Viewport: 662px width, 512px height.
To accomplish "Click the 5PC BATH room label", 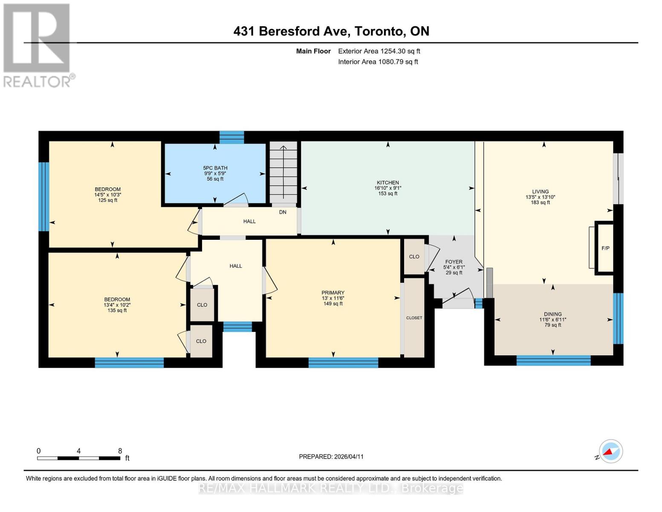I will pyautogui.click(x=215, y=168).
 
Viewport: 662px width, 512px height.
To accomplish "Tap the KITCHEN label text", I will pyautogui.click(x=387, y=183).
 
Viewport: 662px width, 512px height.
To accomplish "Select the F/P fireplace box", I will pyautogui.click(x=605, y=248).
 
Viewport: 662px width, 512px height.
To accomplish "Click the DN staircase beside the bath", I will pyautogui.click(x=283, y=175).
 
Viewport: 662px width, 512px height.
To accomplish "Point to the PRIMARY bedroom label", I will pyautogui.click(x=333, y=293).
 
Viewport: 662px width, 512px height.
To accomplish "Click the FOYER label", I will pyautogui.click(x=454, y=262).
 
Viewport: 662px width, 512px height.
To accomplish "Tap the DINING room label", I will pyautogui.click(x=552, y=314).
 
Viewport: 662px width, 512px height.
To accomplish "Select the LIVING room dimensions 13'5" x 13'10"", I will pyautogui.click(x=540, y=197).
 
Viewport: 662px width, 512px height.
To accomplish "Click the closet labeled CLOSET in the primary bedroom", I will pyautogui.click(x=414, y=318).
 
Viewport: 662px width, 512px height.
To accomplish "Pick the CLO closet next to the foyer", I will pyautogui.click(x=414, y=256).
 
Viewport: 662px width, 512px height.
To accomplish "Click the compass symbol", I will pyautogui.click(x=610, y=451).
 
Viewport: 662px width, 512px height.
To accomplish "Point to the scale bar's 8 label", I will pyautogui.click(x=120, y=451).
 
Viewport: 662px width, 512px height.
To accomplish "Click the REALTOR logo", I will pyautogui.click(x=37, y=45).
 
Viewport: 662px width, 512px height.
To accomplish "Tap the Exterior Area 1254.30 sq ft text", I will pyautogui.click(x=379, y=51).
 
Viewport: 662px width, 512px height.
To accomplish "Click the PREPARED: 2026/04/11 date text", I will pyautogui.click(x=331, y=457).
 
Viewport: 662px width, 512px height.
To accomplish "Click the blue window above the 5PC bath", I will pyautogui.click(x=232, y=137).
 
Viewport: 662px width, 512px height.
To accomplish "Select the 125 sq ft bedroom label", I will pyautogui.click(x=107, y=200).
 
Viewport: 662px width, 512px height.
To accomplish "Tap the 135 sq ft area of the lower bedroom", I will pyautogui.click(x=117, y=311).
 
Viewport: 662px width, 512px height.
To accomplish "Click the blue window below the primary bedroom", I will pyautogui.click(x=343, y=363).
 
